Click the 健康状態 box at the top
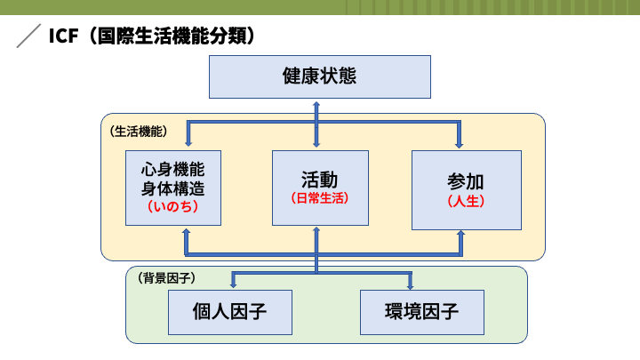pos(320,76)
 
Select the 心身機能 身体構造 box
pos(173,188)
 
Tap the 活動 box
pos(320,188)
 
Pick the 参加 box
pos(467,190)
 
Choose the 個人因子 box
pos(230,312)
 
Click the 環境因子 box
pos(422,312)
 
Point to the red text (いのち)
pos(173,206)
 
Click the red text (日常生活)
pos(320,198)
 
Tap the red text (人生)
pos(466,201)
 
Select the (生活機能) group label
pos(139,132)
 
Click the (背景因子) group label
pos(166,278)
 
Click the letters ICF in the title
pos(63,36)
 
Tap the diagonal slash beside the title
pos(28,36)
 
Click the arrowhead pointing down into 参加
pos(460,144)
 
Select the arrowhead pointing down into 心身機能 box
pos(188,142)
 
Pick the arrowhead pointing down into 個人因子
pos(234,284)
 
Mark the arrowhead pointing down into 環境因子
pos(410,285)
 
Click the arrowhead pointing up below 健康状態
pos(316,105)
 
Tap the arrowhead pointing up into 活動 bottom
pos(316,231)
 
